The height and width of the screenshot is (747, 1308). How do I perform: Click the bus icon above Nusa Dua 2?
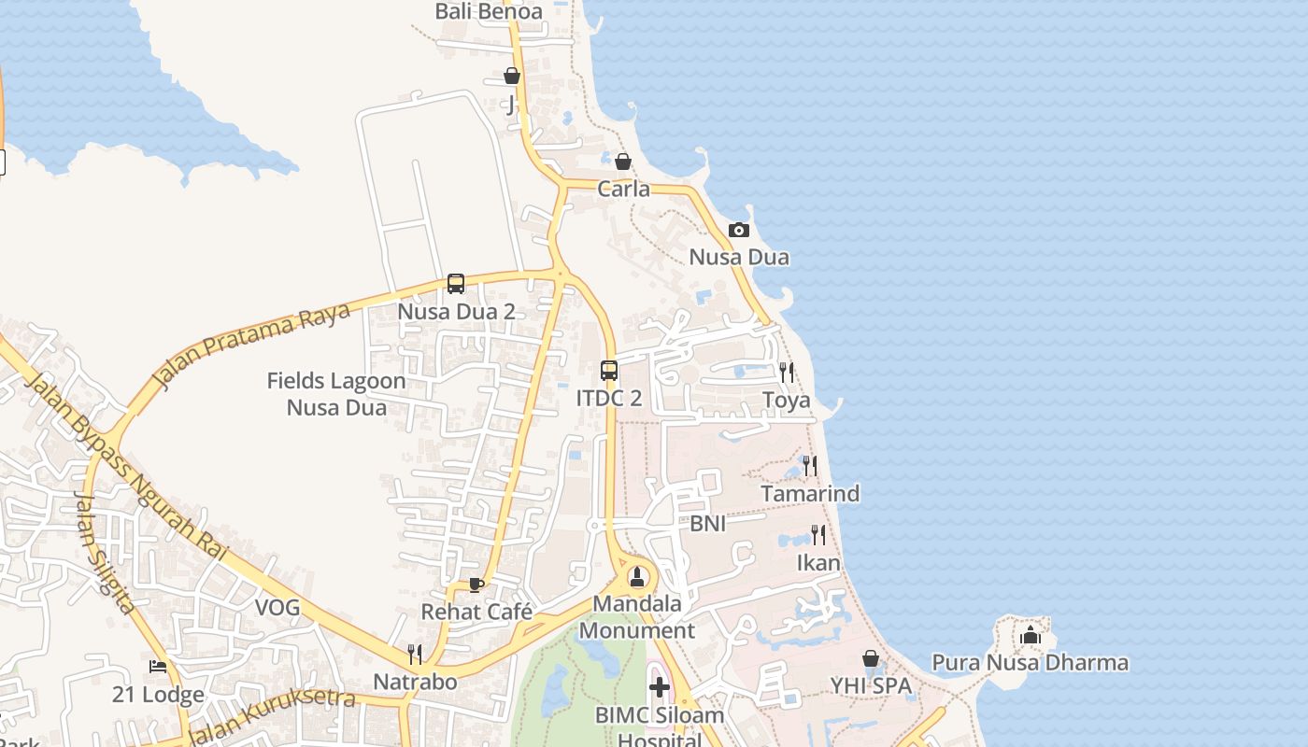[456, 284]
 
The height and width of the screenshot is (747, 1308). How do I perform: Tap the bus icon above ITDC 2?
[609, 371]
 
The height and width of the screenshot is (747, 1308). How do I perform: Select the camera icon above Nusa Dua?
[739, 230]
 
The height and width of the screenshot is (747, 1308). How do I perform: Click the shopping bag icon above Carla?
[623, 162]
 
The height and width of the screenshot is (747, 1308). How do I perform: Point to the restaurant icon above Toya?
[787, 373]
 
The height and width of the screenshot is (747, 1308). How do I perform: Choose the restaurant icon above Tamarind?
[810, 465]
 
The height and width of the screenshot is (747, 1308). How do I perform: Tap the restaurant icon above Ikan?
[818, 535]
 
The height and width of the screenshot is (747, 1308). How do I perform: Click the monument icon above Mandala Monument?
[637, 576]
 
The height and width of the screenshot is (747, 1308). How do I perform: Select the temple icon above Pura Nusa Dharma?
[1031, 636]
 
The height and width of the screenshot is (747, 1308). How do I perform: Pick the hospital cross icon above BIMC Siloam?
[660, 688]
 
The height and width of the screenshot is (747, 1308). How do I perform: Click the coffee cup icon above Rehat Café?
[476, 585]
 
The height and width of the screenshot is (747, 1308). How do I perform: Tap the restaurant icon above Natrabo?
[416, 654]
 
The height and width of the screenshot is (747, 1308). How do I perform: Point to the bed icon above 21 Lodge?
[159, 667]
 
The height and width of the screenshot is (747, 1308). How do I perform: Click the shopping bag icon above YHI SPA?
[871, 658]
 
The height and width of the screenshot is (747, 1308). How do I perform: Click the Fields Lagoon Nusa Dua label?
[336, 394]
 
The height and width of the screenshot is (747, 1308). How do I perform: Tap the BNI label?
[707, 524]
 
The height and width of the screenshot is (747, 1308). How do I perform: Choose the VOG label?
[277, 608]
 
